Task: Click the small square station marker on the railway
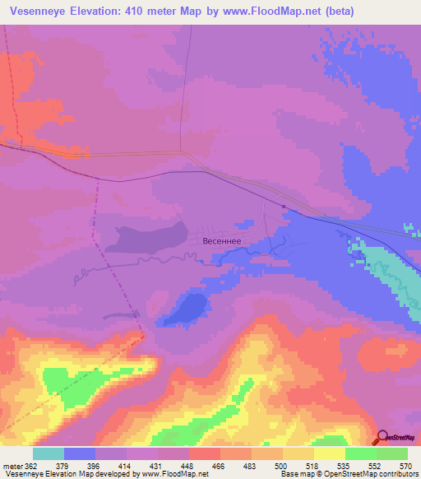pyautogui.click(x=283, y=207)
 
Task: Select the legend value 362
pyautogui.click(x=32, y=465)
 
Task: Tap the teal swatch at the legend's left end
pyautogui.click(x=49, y=453)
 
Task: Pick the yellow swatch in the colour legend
pyautogui.click(x=330, y=453)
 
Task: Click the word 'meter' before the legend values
pyautogui.click(x=12, y=465)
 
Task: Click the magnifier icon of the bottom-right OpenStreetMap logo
pyautogui.click(x=380, y=437)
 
